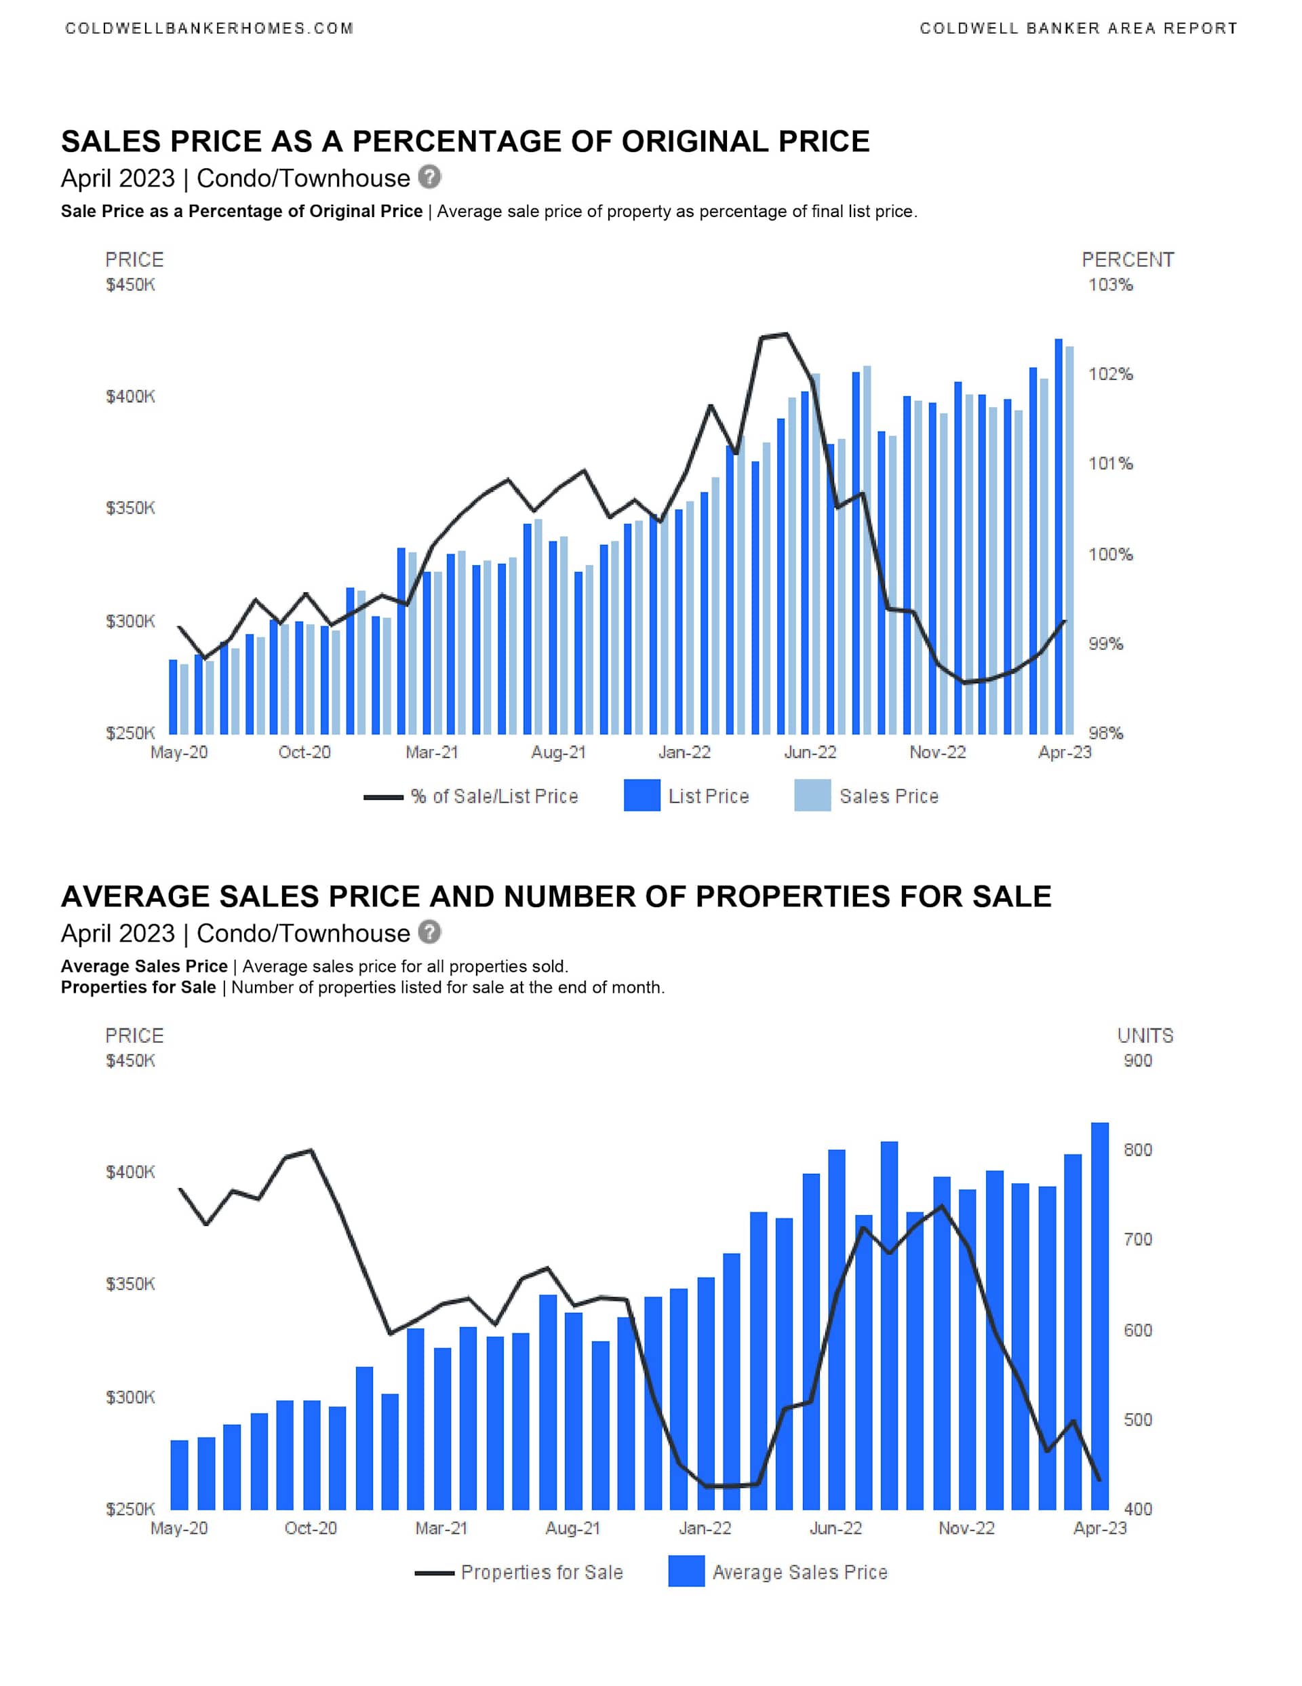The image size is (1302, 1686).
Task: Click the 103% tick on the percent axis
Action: coord(1110,285)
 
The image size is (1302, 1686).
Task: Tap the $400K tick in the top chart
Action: coord(130,397)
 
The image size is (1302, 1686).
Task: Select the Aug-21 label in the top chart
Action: coord(558,752)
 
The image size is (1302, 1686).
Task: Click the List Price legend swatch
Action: coord(642,796)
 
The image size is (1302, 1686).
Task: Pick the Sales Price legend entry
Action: coord(888,796)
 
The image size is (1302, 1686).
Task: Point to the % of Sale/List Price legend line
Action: coord(384,797)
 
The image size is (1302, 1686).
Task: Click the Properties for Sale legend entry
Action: coord(541,1573)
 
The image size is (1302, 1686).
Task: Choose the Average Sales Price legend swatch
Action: coord(686,1572)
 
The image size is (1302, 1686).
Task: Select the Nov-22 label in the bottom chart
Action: coord(966,1528)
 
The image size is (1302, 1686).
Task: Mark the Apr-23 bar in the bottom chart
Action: coord(1100,1316)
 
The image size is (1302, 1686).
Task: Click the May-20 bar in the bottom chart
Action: coord(179,1474)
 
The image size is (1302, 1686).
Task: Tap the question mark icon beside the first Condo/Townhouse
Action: coord(430,178)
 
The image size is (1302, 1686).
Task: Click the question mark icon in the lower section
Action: coord(430,932)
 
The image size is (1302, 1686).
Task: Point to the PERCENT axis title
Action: coord(1128,260)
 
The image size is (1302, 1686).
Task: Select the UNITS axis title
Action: coord(1145,1036)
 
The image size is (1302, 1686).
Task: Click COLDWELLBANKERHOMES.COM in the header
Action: coord(209,28)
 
